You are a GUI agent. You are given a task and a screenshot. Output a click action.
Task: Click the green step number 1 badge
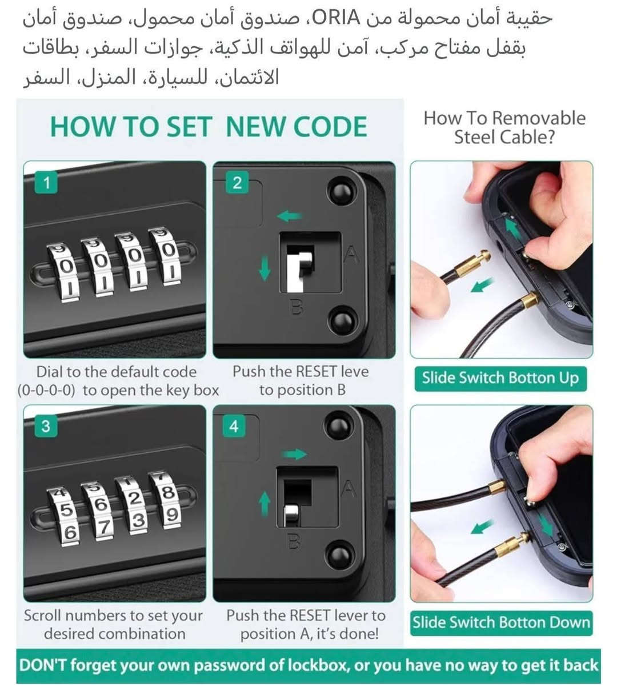46,183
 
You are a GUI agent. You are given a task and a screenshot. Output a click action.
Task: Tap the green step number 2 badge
237,183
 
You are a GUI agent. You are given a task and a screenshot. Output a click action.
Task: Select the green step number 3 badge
46,426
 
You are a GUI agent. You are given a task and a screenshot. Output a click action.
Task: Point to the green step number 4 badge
234,426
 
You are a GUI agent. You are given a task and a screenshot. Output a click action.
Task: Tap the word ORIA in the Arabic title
336,18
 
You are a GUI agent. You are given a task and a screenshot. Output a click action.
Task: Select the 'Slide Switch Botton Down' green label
502,623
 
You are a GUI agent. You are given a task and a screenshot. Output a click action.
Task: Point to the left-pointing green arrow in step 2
289,216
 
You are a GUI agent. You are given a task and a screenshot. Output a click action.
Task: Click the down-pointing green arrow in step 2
265,268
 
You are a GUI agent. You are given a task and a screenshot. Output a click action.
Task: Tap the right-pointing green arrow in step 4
295,453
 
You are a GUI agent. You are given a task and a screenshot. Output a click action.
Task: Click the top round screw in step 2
342,192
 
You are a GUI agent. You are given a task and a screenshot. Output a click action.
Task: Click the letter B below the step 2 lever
297,307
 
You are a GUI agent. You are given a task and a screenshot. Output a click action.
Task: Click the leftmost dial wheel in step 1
65,271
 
